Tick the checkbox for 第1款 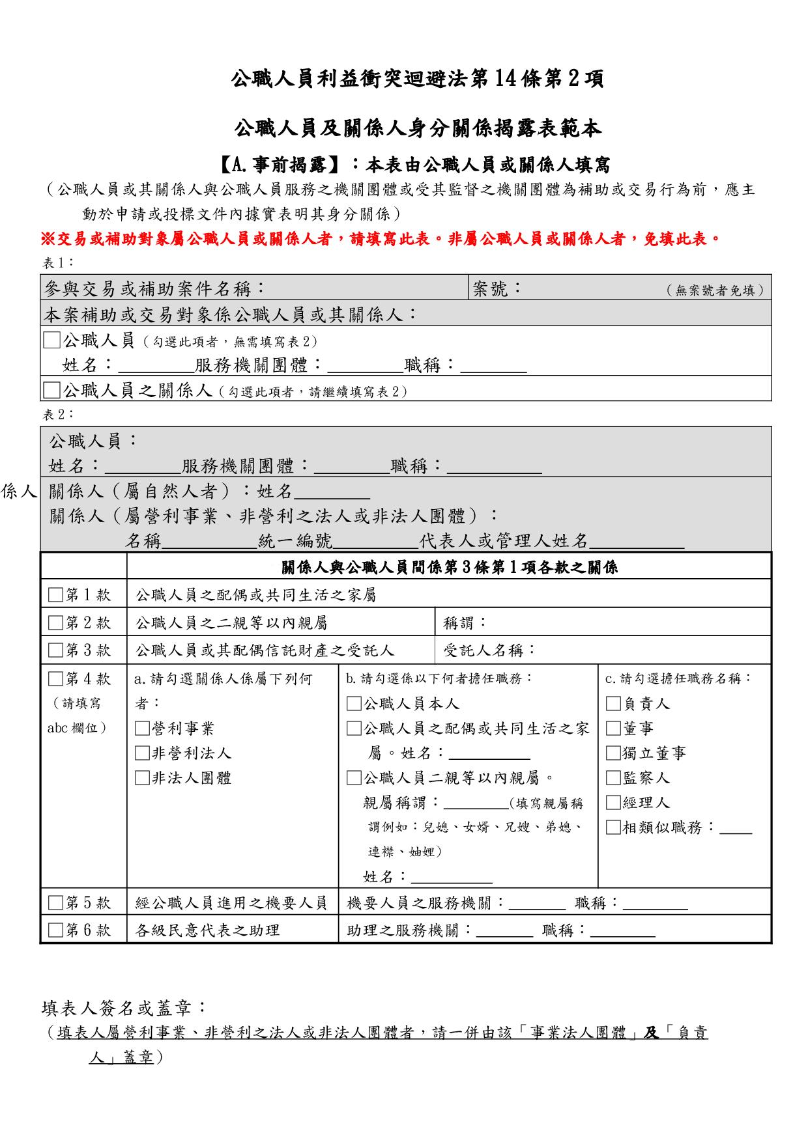tap(56, 595)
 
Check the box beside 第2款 tap(56, 623)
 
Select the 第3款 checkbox tap(56, 650)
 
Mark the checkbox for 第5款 tap(56, 903)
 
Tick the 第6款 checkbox tap(56, 930)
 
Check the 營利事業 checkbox tap(141, 729)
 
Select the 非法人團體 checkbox tap(141, 778)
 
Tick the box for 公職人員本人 tap(353, 704)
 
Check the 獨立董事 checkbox tap(613, 753)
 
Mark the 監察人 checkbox tap(613, 778)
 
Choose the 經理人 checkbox tap(613, 803)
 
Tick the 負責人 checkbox tap(613, 704)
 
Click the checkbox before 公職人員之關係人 tap(51, 390)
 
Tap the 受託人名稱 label tap(489, 650)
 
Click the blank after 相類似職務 tap(736, 829)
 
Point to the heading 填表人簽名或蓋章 tap(124, 1009)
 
